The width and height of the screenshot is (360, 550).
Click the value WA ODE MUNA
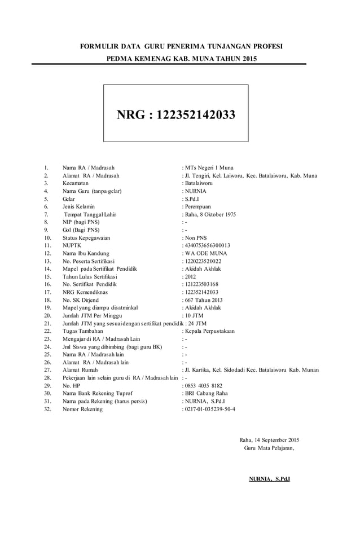click(205, 254)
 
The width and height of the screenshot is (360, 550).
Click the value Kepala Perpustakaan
click(211, 331)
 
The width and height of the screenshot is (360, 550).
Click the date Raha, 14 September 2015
click(269, 440)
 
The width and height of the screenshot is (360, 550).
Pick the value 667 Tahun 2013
click(203, 300)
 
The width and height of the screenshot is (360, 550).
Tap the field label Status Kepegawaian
click(87, 238)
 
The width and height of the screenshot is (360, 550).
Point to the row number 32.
click(47, 409)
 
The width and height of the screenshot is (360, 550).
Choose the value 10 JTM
click(195, 315)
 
